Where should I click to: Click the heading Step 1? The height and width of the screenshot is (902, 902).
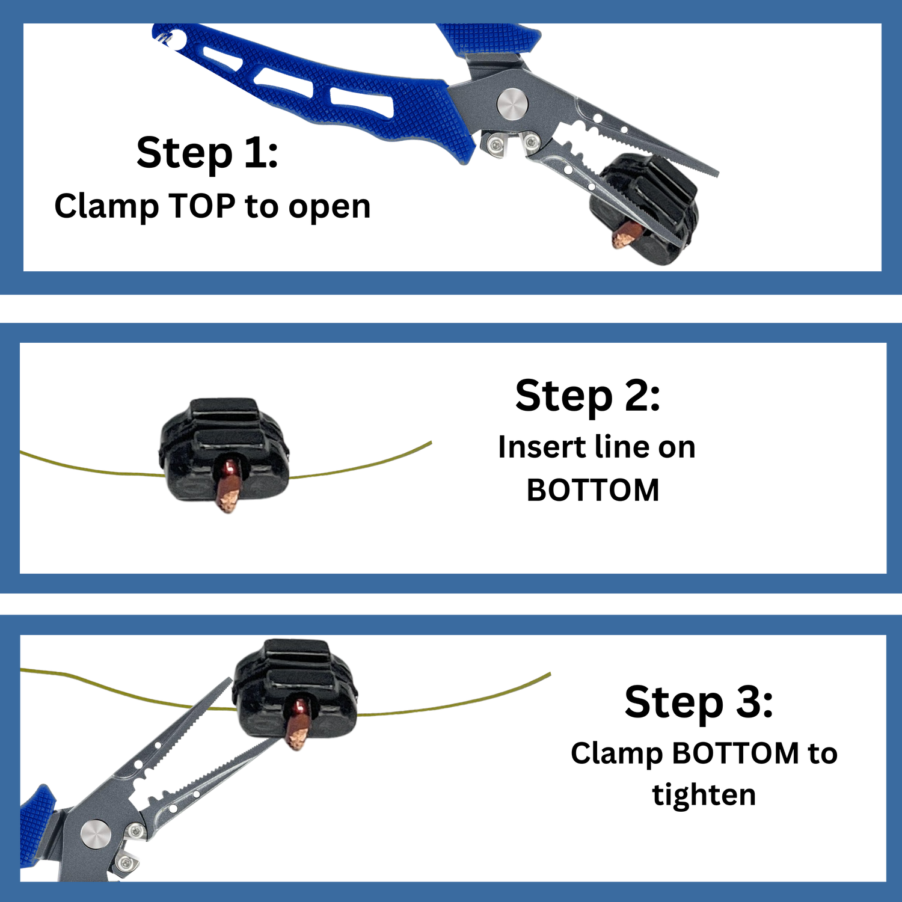[207, 153]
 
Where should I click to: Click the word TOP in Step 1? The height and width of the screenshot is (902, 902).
[201, 206]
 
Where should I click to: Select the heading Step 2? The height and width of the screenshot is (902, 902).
[588, 397]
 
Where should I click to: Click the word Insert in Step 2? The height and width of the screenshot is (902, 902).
[542, 447]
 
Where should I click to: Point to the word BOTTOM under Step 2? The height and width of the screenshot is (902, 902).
[593, 490]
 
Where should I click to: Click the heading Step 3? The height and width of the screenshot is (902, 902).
[699, 702]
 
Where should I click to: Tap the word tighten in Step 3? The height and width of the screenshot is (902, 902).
[704, 795]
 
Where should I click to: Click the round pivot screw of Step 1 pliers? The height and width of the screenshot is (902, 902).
[512, 103]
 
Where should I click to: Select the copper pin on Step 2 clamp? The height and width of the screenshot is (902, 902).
[228, 485]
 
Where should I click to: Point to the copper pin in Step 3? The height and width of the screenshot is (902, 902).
[296, 723]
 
